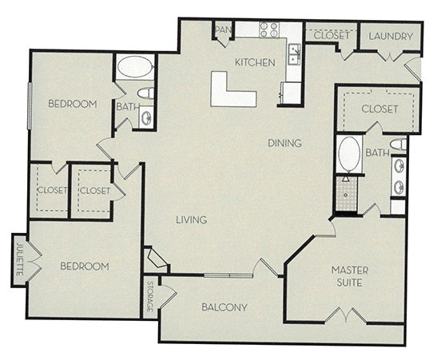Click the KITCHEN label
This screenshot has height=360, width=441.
pyautogui.click(x=254, y=62)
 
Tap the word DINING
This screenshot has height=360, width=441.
pyautogui.click(x=284, y=144)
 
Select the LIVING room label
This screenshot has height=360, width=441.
pyautogui.click(x=192, y=220)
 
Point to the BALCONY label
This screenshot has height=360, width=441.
pyautogui.click(x=224, y=307)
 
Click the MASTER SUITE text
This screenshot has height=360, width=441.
pyautogui.click(x=349, y=276)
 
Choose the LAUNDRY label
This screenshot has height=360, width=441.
pyautogui.click(x=391, y=36)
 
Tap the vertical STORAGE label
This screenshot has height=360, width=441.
pyautogui.click(x=150, y=295)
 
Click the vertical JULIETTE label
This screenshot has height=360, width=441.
pyautogui.click(x=19, y=259)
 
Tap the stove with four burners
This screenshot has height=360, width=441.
pyautogui.click(x=269, y=30)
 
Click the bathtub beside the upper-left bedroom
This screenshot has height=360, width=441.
pyautogui.click(x=135, y=68)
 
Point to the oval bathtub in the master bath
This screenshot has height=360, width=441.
pyautogui.click(x=349, y=154)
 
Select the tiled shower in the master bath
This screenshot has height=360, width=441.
pyautogui.click(x=346, y=194)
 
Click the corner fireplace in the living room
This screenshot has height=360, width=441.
pyautogui.click(x=156, y=258)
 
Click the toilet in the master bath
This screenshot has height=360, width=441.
pyautogui.click(x=397, y=144)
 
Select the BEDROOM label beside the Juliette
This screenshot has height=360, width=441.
pyautogui.click(x=83, y=266)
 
